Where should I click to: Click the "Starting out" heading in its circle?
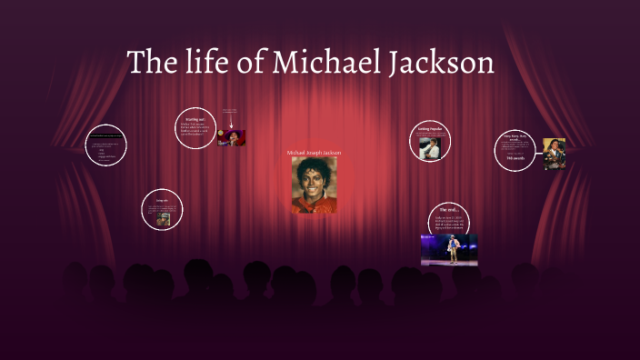(195, 119)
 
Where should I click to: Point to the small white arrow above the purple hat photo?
(232, 123)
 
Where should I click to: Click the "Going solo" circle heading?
(162, 199)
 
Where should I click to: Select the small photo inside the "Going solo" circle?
(163, 219)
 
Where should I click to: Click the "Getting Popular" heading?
(430, 130)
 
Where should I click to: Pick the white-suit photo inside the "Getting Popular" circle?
(430, 145)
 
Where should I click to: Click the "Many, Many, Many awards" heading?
(515, 138)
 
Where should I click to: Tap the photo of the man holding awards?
(554, 154)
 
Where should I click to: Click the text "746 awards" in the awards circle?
(515, 158)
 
